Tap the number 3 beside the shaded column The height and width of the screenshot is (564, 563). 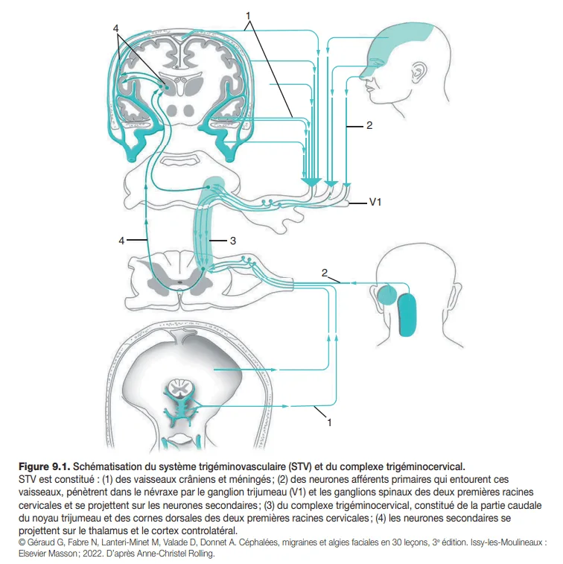[233, 241]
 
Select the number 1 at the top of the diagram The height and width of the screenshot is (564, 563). [248, 14]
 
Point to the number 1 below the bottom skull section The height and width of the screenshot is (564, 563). [328, 422]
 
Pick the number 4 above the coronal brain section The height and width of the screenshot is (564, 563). [116, 28]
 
